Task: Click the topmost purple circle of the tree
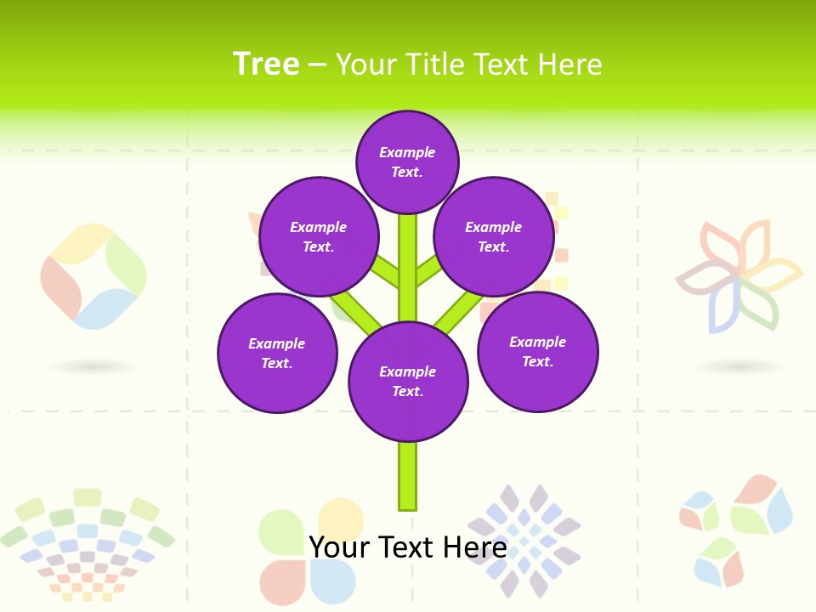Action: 407,161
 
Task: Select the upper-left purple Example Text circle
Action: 319,236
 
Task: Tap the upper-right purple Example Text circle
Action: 494,236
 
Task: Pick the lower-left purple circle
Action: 277,353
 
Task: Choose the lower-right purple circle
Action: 538,351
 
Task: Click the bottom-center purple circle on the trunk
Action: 408,382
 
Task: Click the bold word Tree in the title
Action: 266,64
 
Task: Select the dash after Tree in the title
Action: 318,65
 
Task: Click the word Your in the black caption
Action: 341,547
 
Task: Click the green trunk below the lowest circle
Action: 408,476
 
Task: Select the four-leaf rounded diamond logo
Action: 93,276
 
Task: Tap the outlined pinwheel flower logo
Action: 738,277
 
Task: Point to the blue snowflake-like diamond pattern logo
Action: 524,541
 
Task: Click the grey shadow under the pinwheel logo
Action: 739,366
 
